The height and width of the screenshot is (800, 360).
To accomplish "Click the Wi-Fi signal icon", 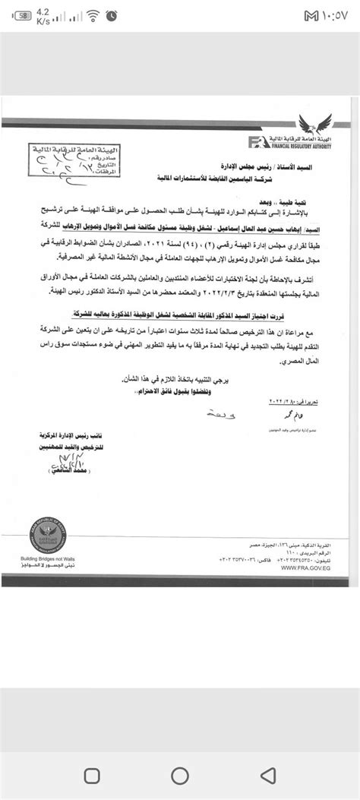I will (93, 16).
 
